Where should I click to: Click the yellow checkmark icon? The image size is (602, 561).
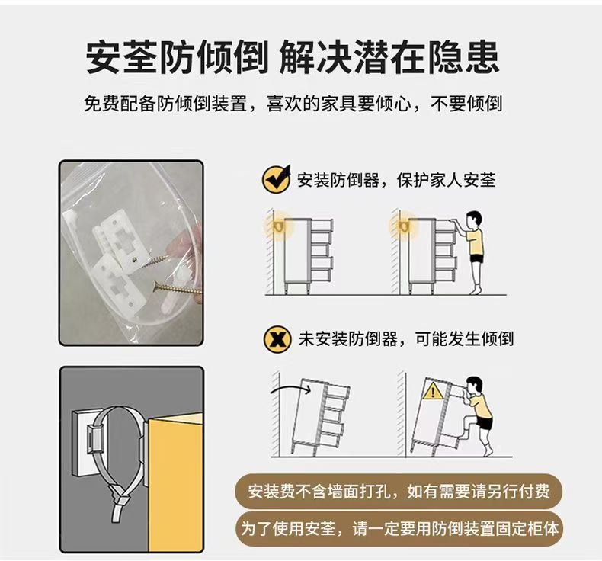coord(276,179)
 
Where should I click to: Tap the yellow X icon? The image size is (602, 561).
coord(277,339)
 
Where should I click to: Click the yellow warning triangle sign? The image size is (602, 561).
coord(433,391)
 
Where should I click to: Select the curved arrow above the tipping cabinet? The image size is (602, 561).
coord(290,389)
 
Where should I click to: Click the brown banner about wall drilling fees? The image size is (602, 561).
coord(399,492)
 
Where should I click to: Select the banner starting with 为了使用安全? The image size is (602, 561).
coord(399,529)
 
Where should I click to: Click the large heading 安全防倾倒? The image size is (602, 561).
coord(177,57)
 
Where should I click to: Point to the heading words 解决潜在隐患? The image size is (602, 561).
coord(389,57)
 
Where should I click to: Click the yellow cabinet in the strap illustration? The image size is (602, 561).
coord(175,482)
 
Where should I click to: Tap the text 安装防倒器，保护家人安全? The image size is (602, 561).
coord(396,180)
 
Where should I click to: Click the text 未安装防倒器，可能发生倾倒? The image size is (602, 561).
coord(406,339)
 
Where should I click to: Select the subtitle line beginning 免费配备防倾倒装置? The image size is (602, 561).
coord(293,104)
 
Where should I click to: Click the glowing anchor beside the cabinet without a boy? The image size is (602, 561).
coord(279,226)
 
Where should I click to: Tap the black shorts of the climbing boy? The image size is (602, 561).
coord(484,422)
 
